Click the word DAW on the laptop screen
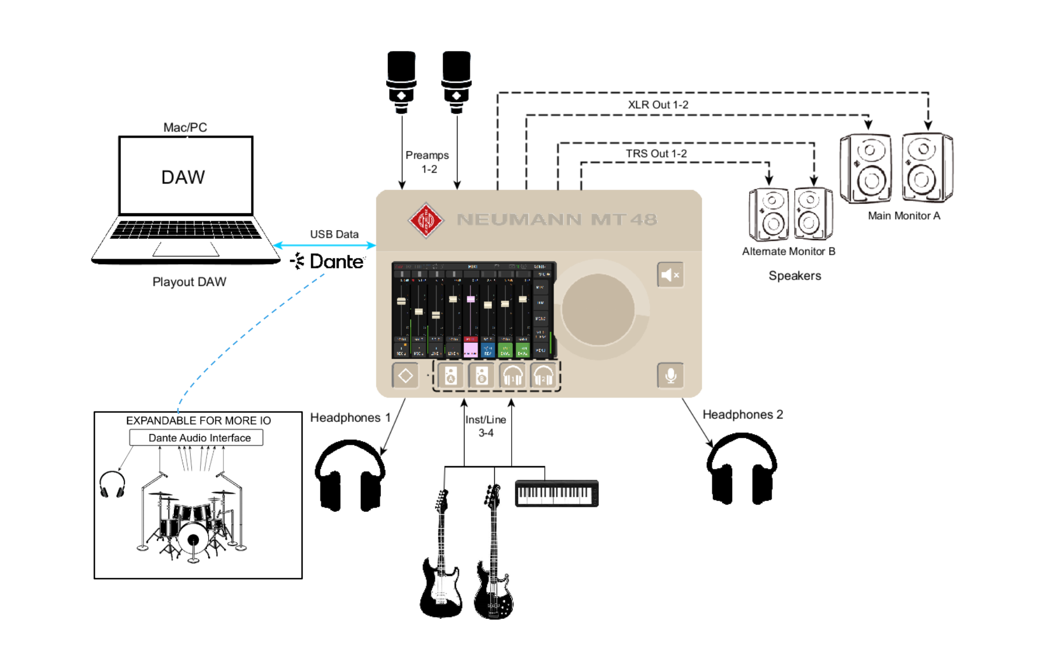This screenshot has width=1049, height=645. tap(183, 177)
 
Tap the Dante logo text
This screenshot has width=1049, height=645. tap(336, 261)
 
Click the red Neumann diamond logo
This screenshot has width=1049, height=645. tap(426, 220)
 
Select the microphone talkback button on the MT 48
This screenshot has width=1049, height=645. tap(670, 376)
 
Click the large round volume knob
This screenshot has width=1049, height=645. tap(598, 309)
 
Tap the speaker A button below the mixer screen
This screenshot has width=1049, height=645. tap(451, 377)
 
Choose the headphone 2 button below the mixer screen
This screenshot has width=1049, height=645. tap(544, 377)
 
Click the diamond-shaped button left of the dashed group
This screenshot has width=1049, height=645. tap(405, 376)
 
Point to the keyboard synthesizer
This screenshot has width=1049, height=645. tap(556, 493)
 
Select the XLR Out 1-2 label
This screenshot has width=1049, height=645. tap(658, 105)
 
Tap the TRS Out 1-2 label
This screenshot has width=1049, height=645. tap(656, 153)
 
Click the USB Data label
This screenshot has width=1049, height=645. tap(334, 234)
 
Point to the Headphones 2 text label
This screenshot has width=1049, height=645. tap(743, 414)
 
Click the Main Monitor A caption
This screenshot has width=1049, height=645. tap(904, 216)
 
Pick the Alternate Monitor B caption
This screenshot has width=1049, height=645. tap(788, 251)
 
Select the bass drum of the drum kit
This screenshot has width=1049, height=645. tap(193, 539)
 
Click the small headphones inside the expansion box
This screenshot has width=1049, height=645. tap(112, 484)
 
